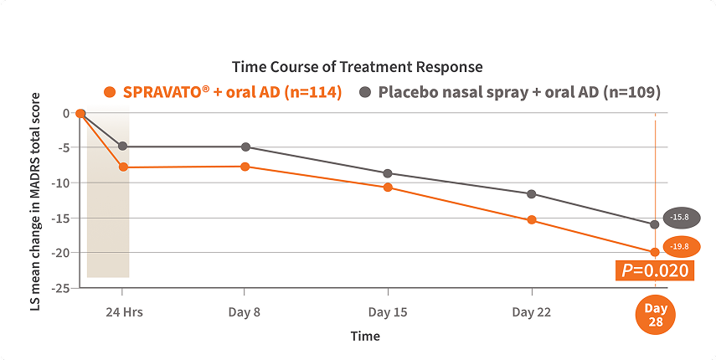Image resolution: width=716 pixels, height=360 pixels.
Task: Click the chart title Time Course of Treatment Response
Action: point(357,66)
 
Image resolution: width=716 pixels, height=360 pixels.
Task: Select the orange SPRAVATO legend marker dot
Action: point(109,92)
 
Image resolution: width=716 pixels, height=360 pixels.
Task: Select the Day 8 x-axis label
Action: point(245,312)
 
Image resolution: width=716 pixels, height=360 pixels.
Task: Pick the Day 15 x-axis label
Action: point(388,312)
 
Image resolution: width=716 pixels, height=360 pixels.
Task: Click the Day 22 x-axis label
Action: point(532,312)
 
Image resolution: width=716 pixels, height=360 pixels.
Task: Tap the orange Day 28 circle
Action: point(655,316)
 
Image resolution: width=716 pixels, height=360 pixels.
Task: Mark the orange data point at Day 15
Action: point(388,188)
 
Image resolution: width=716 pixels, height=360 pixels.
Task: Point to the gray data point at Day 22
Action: point(532,194)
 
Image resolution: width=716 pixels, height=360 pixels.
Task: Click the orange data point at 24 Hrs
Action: point(123,167)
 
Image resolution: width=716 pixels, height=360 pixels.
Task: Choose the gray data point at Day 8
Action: point(245,147)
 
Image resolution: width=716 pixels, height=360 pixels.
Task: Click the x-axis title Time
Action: point(365,336)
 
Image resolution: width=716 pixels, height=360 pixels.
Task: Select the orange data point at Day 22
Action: point(532,220)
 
